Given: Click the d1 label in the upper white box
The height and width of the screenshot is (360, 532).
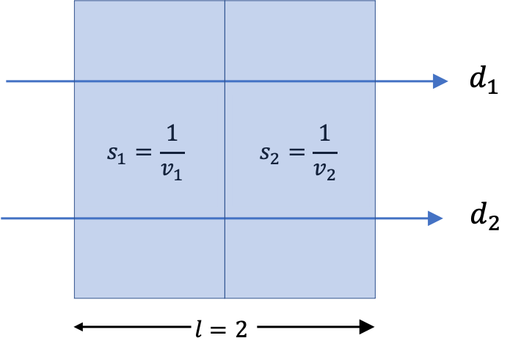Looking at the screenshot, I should (x=484, y=82).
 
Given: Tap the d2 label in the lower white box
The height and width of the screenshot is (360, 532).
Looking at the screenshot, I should (x=485, y=217).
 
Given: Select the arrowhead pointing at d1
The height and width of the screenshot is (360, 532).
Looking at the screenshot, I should (x=440, y=81).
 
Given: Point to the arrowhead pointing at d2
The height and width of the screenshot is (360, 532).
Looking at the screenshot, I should (x=436, y=218).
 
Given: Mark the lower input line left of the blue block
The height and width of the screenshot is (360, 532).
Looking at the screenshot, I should (x=37, y=218).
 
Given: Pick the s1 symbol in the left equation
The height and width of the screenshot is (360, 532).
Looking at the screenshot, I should (x=116, y=154).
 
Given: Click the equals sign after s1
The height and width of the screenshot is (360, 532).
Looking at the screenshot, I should (x=144, y=153).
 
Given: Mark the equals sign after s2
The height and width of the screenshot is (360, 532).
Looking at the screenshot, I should (x=296, y=153).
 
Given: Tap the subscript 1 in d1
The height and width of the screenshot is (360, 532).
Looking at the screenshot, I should (x=493, y=88).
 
